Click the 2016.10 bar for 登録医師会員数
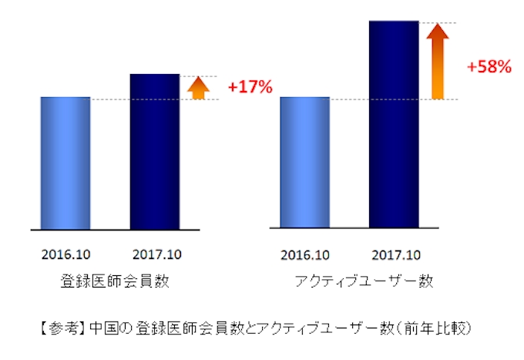point(65,163)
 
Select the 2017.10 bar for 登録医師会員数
point(155,152)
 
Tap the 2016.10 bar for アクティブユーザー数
point(304,163)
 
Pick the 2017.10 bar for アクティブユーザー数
point(394,125)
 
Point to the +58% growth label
point(489,67)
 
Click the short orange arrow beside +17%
point(198,88)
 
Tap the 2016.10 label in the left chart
point(66,254)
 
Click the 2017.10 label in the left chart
point(156,254)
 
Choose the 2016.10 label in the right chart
point(305,254)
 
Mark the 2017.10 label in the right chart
point(395,254)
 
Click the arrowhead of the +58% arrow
point(437,32)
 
